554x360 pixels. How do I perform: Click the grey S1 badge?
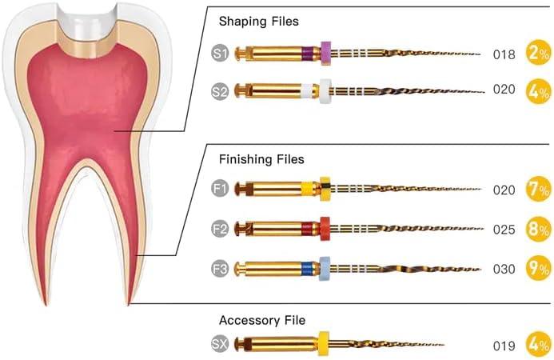220,54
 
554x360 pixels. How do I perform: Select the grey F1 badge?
220,190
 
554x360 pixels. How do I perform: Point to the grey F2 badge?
220,229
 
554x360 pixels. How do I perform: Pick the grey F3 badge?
220,268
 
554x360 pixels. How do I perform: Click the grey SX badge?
220,344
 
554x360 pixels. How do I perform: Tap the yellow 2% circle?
537,54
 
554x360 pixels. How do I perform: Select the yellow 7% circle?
537,190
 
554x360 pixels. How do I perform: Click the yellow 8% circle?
537,229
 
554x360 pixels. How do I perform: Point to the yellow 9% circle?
537,268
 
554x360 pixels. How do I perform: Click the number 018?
504,54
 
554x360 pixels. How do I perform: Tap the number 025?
504,230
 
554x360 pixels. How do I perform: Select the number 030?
504,269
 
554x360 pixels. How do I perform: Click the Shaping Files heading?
258,22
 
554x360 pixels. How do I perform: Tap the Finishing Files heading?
261,160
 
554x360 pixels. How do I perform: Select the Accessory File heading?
262,320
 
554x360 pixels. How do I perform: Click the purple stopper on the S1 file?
325,53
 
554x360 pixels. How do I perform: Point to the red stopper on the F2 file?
324,229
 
